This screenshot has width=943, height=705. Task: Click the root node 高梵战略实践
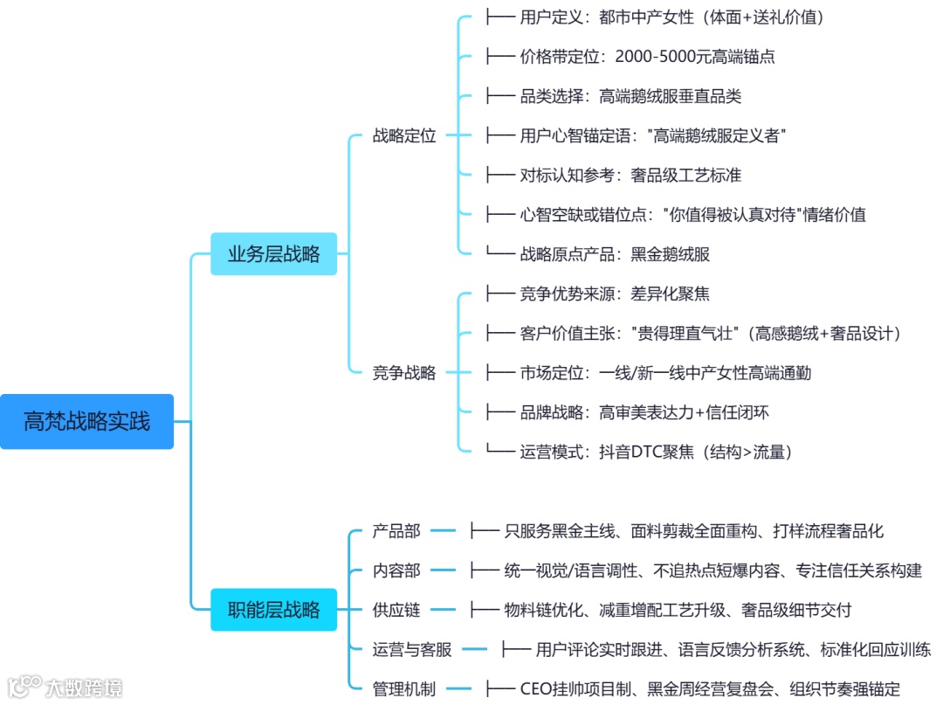[86, 422]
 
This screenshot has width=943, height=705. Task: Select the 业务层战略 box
[273, 254]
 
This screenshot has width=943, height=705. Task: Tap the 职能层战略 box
[273, 610]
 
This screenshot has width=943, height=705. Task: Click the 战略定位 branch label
[403, 135]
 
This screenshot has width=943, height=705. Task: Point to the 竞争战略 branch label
[403, 373]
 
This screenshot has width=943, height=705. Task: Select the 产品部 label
[396, 531]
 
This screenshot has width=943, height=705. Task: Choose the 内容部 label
[396, 570]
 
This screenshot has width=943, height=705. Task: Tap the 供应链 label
[396, 610]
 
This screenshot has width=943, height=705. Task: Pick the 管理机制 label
[403, 688]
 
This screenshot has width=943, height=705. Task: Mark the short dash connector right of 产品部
[443, 531]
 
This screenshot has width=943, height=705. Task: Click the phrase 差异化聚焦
[671, 294]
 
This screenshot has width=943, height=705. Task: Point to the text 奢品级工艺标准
[686, 175]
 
